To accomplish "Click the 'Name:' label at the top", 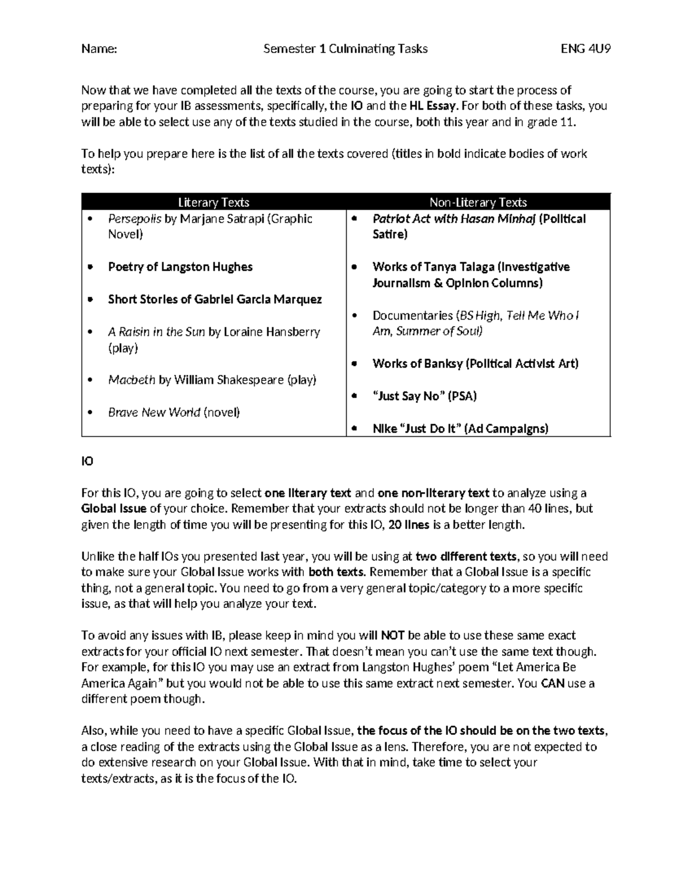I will [x=99, y=49].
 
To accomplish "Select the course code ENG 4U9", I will [x=586, y=49].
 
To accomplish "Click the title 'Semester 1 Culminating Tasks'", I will [x=345, y=49].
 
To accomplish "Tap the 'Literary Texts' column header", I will [x=213, y=202].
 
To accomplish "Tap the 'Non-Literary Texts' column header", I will [x=478, y=202].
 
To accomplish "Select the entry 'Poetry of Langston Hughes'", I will [x=180, y=267].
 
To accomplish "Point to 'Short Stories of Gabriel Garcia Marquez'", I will [x=215, y=300].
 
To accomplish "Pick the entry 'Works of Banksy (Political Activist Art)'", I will [x=475, y=364].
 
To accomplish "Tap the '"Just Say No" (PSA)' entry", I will [x=424, y=396].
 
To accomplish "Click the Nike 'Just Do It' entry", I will [x=460, y=429].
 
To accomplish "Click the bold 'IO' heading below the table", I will [x=87, y=462].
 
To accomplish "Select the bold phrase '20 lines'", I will [x=409, y=525].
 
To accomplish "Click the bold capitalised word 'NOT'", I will [x=393, y=636].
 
